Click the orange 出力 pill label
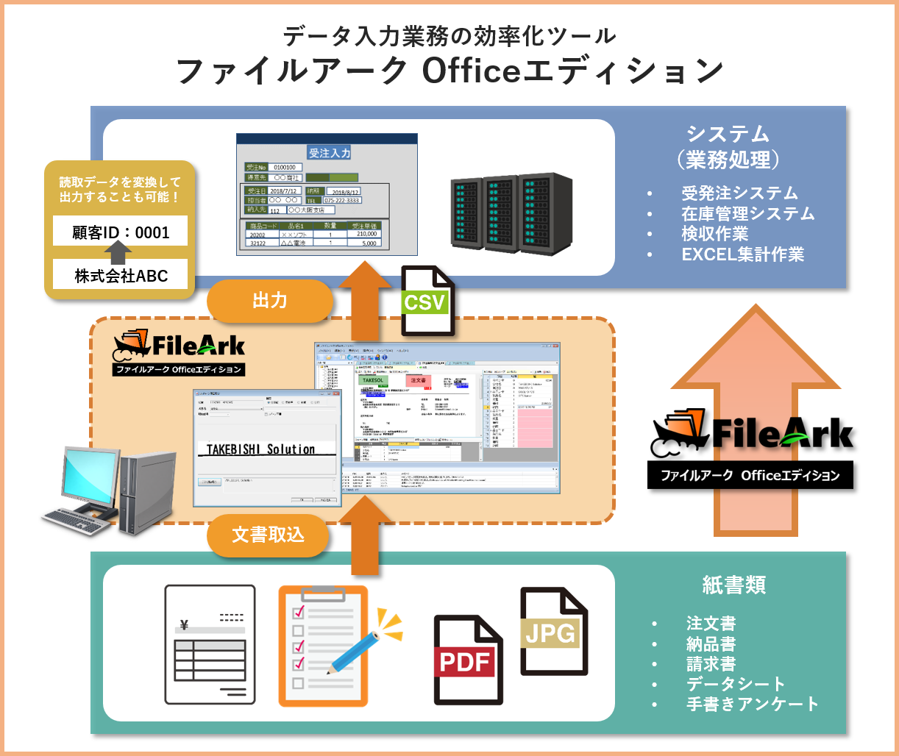269,301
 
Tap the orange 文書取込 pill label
268,535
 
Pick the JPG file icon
552,631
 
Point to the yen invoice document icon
210,644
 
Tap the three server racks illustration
511,213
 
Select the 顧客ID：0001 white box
121,232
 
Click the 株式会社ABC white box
121,276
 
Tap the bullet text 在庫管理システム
747,214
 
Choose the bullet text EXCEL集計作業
742,254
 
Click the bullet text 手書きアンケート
752,704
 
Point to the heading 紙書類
733,585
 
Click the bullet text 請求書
711,663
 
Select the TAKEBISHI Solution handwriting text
260,449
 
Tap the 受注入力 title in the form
330,153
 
